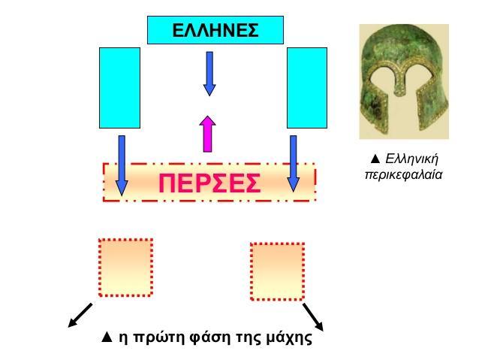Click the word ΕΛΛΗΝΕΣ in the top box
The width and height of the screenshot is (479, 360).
[215, 30]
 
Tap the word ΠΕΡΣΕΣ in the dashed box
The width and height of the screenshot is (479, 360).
[209, 183]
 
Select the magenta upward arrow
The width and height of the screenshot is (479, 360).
[208, 134]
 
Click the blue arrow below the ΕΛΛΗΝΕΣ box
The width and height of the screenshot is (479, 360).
[209, 74]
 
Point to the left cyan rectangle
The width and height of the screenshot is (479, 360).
[120, 88]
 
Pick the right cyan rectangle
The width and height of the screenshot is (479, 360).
[307, 88]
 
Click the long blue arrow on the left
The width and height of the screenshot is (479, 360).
[122, 165]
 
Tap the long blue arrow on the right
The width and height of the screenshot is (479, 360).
[294, 164]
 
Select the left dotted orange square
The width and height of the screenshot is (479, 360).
[126, 268]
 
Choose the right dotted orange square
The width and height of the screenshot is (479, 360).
[277, 271]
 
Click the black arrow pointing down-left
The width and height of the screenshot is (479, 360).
[80, 316]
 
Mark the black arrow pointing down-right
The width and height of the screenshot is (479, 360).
[313, 317]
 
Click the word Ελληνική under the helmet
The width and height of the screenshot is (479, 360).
[411, 159]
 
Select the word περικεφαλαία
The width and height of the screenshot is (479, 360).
[404, 175]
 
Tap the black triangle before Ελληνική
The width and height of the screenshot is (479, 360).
[375, 159]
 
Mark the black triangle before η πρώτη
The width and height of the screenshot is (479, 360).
[107, 337]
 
